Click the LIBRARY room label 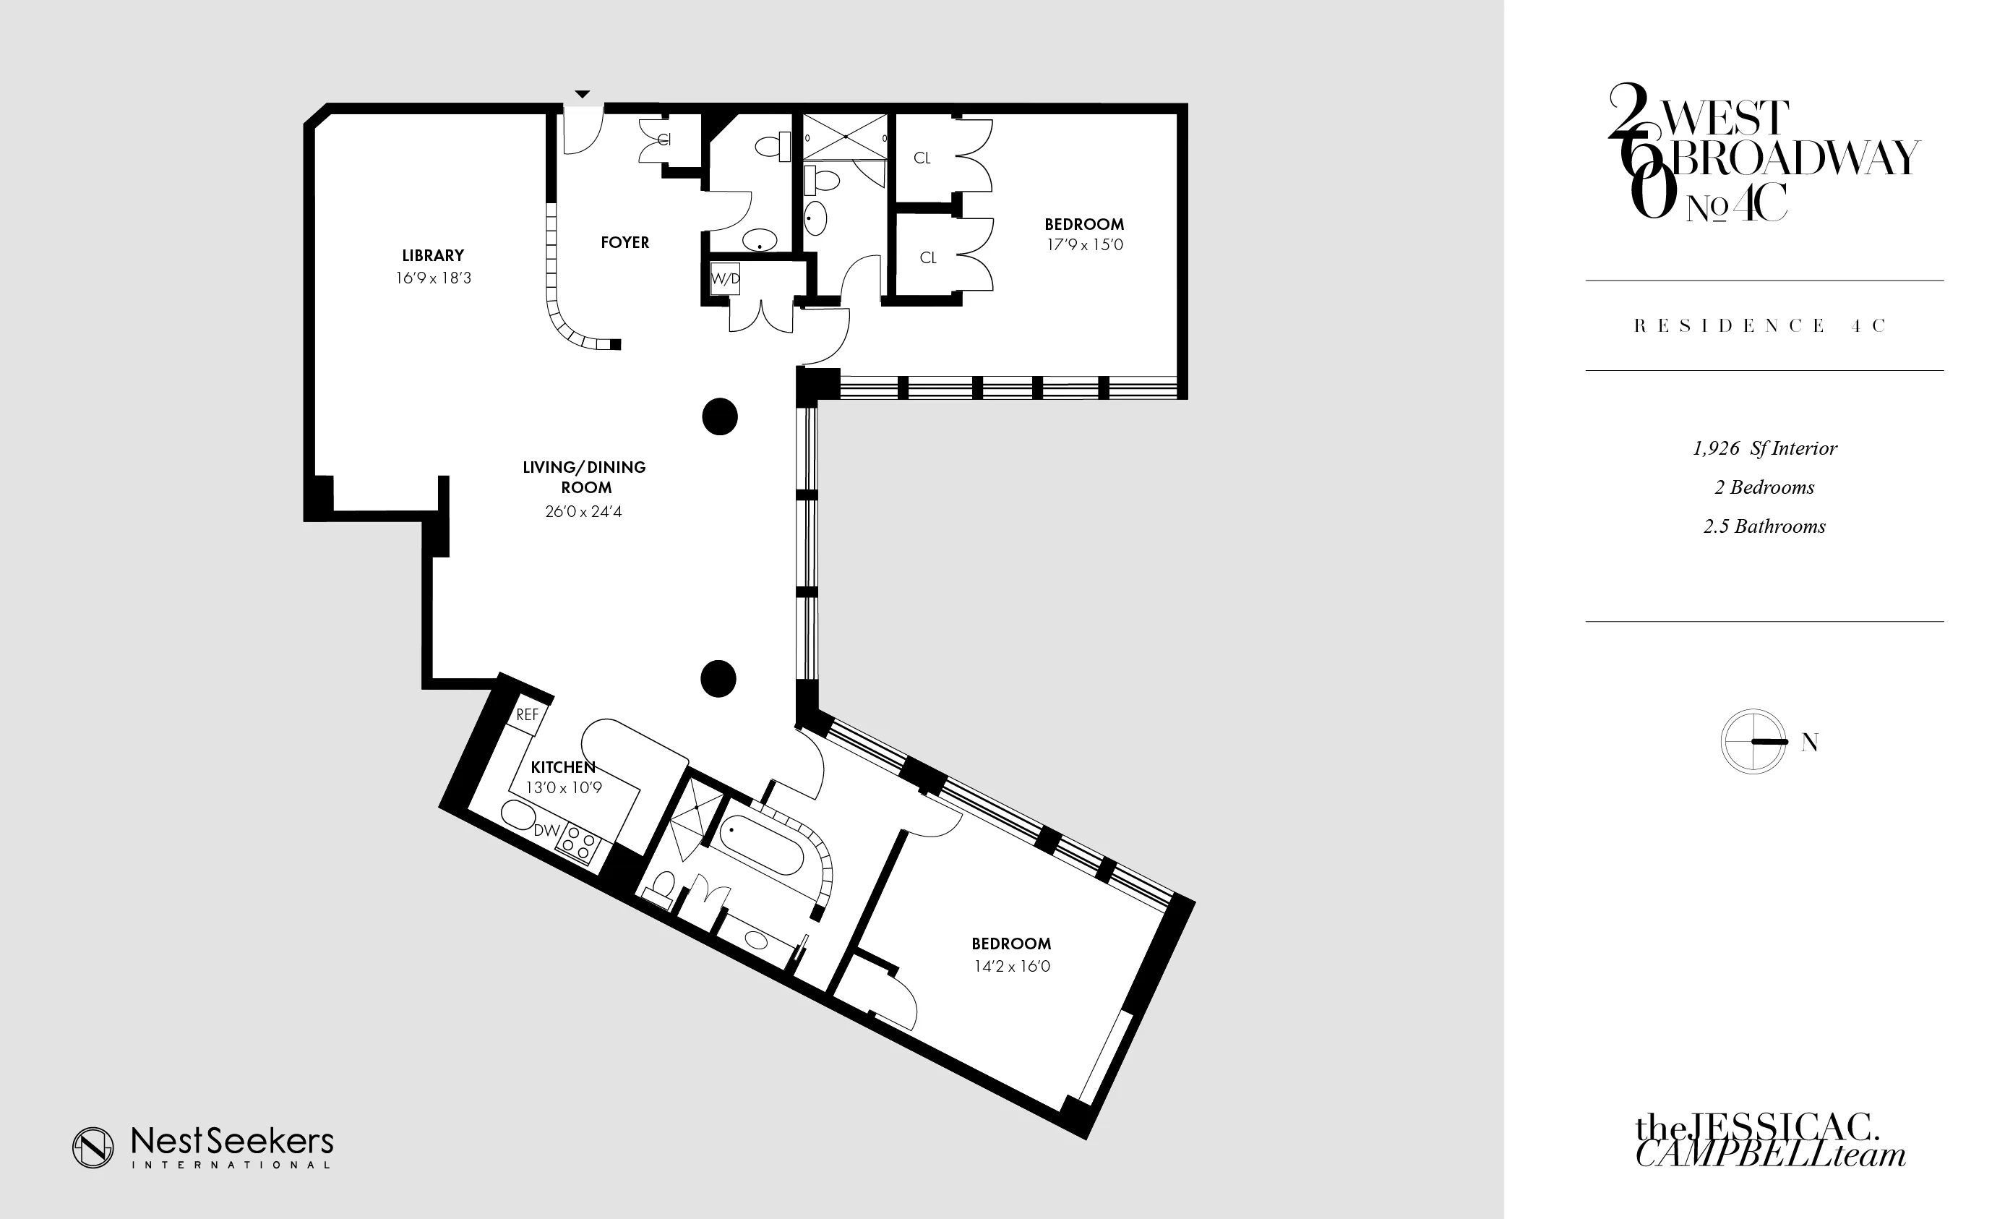point(433,255)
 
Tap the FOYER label point(625,242)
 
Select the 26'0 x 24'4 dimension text point(583,512)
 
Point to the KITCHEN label point(563,767)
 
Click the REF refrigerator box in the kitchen point(528,715)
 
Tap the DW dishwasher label point(547,831)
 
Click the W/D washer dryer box point(725,278)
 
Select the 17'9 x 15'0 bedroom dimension point(1085,245)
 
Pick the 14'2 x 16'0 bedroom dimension point(1011,967)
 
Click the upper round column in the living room point(720,416)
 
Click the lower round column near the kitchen point(718,679)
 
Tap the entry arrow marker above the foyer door point(583,95)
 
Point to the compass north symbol point(1753,741)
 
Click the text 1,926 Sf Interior point(1764,448)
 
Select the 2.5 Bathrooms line point(1764,526)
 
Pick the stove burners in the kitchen point(578,843)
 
